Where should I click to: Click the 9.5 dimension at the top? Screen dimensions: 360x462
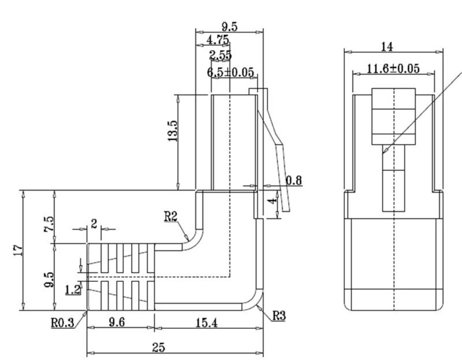tap(229, 27)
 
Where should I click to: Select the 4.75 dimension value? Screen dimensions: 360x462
tap(218, 40)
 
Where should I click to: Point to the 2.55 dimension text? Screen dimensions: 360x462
tap(221, 55)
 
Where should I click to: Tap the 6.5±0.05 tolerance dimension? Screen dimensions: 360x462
tap(230, 72)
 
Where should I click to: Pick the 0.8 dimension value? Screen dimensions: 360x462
tap(294, 180)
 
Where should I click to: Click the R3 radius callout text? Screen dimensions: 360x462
tap(279, 316)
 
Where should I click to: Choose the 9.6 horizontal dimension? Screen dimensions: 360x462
tap(117, 322)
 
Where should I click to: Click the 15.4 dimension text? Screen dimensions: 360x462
tap(206, 323)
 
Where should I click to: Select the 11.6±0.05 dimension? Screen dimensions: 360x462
tap(393, 69)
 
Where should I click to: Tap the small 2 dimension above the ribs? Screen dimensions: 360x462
tap(94, 224)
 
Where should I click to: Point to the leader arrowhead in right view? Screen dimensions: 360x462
tap(386, 151)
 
